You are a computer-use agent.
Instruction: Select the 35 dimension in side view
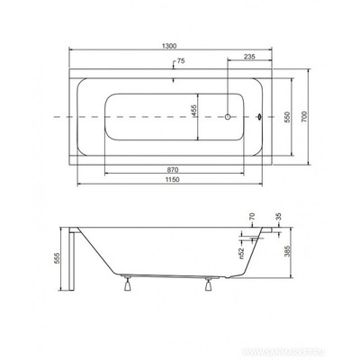285,215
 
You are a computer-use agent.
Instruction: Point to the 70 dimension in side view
254,217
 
